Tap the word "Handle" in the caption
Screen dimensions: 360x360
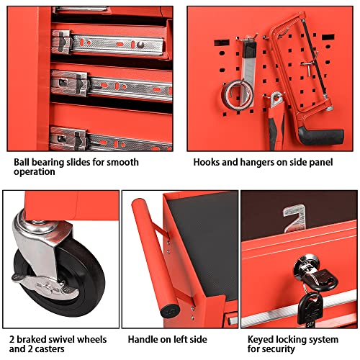point(143,338)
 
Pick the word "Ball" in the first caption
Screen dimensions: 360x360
point(22,162)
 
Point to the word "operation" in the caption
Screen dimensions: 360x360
point(35,173)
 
